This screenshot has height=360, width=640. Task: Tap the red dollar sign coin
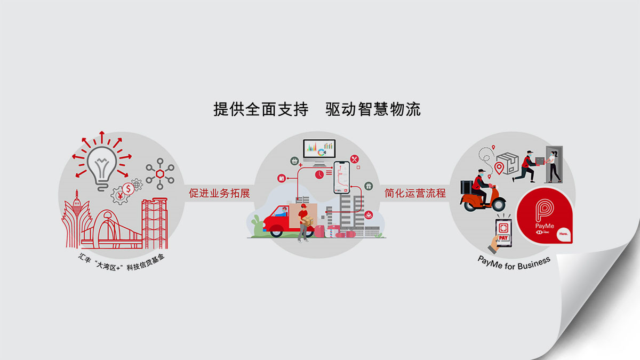128,188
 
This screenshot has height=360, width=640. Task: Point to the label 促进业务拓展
219,193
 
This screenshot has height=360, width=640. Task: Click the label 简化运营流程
415,193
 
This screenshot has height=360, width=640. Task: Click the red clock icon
319,174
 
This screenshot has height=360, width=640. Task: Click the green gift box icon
368,186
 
